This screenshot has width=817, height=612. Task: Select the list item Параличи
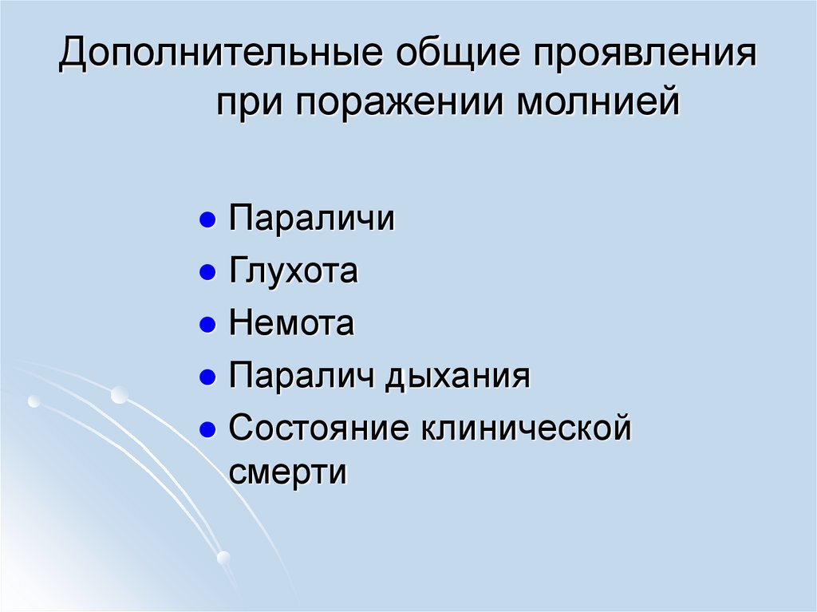(x=312, y=219)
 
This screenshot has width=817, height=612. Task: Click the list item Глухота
(x=294, y=271)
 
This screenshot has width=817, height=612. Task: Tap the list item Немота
(x=291, y=324)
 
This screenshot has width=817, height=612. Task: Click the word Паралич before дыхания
(x=302, y=376)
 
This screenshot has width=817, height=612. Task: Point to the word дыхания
(x=458, y=377)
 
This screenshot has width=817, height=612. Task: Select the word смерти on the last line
(x=288, y=472)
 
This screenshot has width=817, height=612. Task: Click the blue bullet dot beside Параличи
(x=207, y=220)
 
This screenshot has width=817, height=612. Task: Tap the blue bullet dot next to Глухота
(x=207, y=273)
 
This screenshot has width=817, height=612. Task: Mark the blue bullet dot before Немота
(x=207, y=326)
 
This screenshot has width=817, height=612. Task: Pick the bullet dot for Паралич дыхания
(x=207, y=377)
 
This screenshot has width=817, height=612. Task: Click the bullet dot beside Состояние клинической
(x=207, y=430)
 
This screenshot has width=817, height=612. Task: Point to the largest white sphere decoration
(x=119, y=394)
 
